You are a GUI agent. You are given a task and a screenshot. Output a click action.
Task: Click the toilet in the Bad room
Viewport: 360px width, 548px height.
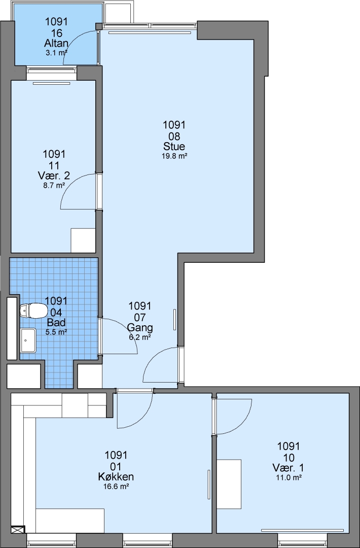pyautogui.click(x=33, y=311)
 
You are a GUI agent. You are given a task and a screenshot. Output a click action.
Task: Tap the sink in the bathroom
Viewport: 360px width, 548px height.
pyautogui.click(x=28, y=340)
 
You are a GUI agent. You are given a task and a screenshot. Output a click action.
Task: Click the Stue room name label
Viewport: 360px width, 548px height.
pyautogui.click(x=174, y=147)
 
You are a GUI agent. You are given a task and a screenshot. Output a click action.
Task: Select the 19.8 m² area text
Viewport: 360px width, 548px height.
pyautogui.click(x=174, y=156)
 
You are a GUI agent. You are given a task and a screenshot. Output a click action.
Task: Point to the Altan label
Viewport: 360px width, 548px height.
pyautogui.click(x=56, y=43)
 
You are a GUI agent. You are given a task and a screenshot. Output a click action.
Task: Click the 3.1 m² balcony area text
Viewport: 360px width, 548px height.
pyautogui.click(x=56, y=53)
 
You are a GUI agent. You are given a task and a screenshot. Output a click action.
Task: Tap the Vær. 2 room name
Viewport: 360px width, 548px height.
pyautogui.click(x=54, y=176)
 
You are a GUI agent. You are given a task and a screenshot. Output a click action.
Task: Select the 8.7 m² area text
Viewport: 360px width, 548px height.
pyautogui.click(x=54, y=186)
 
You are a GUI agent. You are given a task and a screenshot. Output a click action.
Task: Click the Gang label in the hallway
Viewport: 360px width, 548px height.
pyautogui.click(x=139, y=328)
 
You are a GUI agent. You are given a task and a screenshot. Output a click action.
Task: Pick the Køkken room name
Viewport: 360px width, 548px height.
pyautogui.click(x=116, y=476)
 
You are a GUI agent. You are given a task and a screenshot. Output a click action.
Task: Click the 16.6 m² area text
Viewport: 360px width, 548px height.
pyautogui.click(x=116, y=487)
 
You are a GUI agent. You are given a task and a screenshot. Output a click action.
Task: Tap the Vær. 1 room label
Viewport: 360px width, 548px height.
pyautogui.click(x=289, y=468)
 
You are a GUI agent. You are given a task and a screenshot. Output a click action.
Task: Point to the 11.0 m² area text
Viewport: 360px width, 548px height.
pyautogui.click(x=289, y=477)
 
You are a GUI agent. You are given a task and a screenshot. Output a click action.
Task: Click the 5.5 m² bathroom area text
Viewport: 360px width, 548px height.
pyautogui.click(x=56, y=332)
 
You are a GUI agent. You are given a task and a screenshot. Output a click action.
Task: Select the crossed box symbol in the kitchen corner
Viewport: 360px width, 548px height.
pyautogui.click(x=18, y=530)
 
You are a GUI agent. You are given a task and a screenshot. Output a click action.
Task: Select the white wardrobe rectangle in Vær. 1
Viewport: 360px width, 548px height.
pyautogui.click(x=229, y=484)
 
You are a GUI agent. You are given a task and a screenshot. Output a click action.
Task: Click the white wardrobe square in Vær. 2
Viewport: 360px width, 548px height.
pyautogui.click(x=83, y=240)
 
